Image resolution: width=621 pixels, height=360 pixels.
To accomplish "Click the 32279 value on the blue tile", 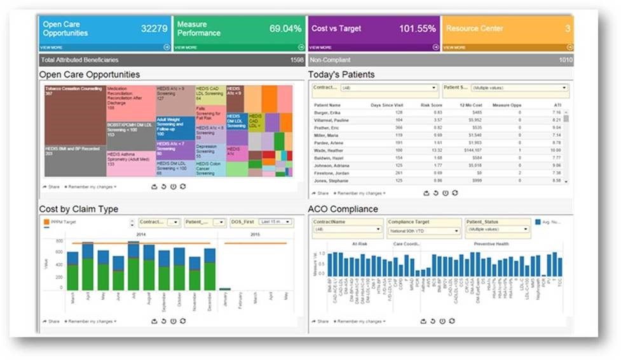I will [154, 29].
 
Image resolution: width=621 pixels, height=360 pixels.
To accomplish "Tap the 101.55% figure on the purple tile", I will [417, 29].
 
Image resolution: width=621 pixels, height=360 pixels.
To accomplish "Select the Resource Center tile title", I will [475, 29].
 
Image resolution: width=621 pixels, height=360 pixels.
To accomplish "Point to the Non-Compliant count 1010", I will [565, 60].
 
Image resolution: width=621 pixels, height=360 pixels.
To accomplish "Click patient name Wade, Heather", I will [329, 150].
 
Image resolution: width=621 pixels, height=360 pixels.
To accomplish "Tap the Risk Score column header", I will [430, 105].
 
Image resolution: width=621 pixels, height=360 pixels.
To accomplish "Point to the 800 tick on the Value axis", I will [60, 241].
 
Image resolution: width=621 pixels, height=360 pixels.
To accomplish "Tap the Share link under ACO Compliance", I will [322, 321].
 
